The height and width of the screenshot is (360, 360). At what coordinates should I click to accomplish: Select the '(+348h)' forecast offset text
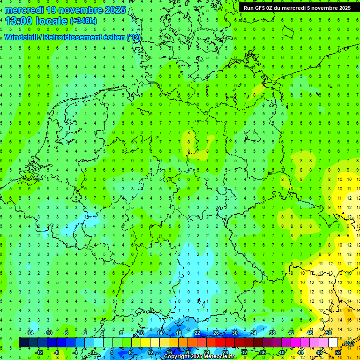coord(83,21)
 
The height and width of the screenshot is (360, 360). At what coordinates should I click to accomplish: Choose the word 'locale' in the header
coord(51,21)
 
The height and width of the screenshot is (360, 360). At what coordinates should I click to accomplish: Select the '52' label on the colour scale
coord(337,352)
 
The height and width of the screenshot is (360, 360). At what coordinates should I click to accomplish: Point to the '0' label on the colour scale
coord(93,352)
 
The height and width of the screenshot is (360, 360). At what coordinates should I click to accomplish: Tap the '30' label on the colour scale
coord(235,333)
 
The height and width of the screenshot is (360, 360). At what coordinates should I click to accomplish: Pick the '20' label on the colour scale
coord(187,352)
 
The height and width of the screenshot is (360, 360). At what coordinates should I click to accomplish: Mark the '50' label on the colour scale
coord(329,333)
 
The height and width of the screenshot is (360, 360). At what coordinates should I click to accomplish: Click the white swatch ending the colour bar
coord(333,343)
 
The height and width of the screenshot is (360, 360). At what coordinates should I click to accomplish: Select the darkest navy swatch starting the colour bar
coord(23,343)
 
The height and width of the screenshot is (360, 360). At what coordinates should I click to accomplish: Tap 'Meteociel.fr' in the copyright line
coord(219,357)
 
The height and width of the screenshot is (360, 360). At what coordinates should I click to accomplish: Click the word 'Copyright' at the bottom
coord(176,357)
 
